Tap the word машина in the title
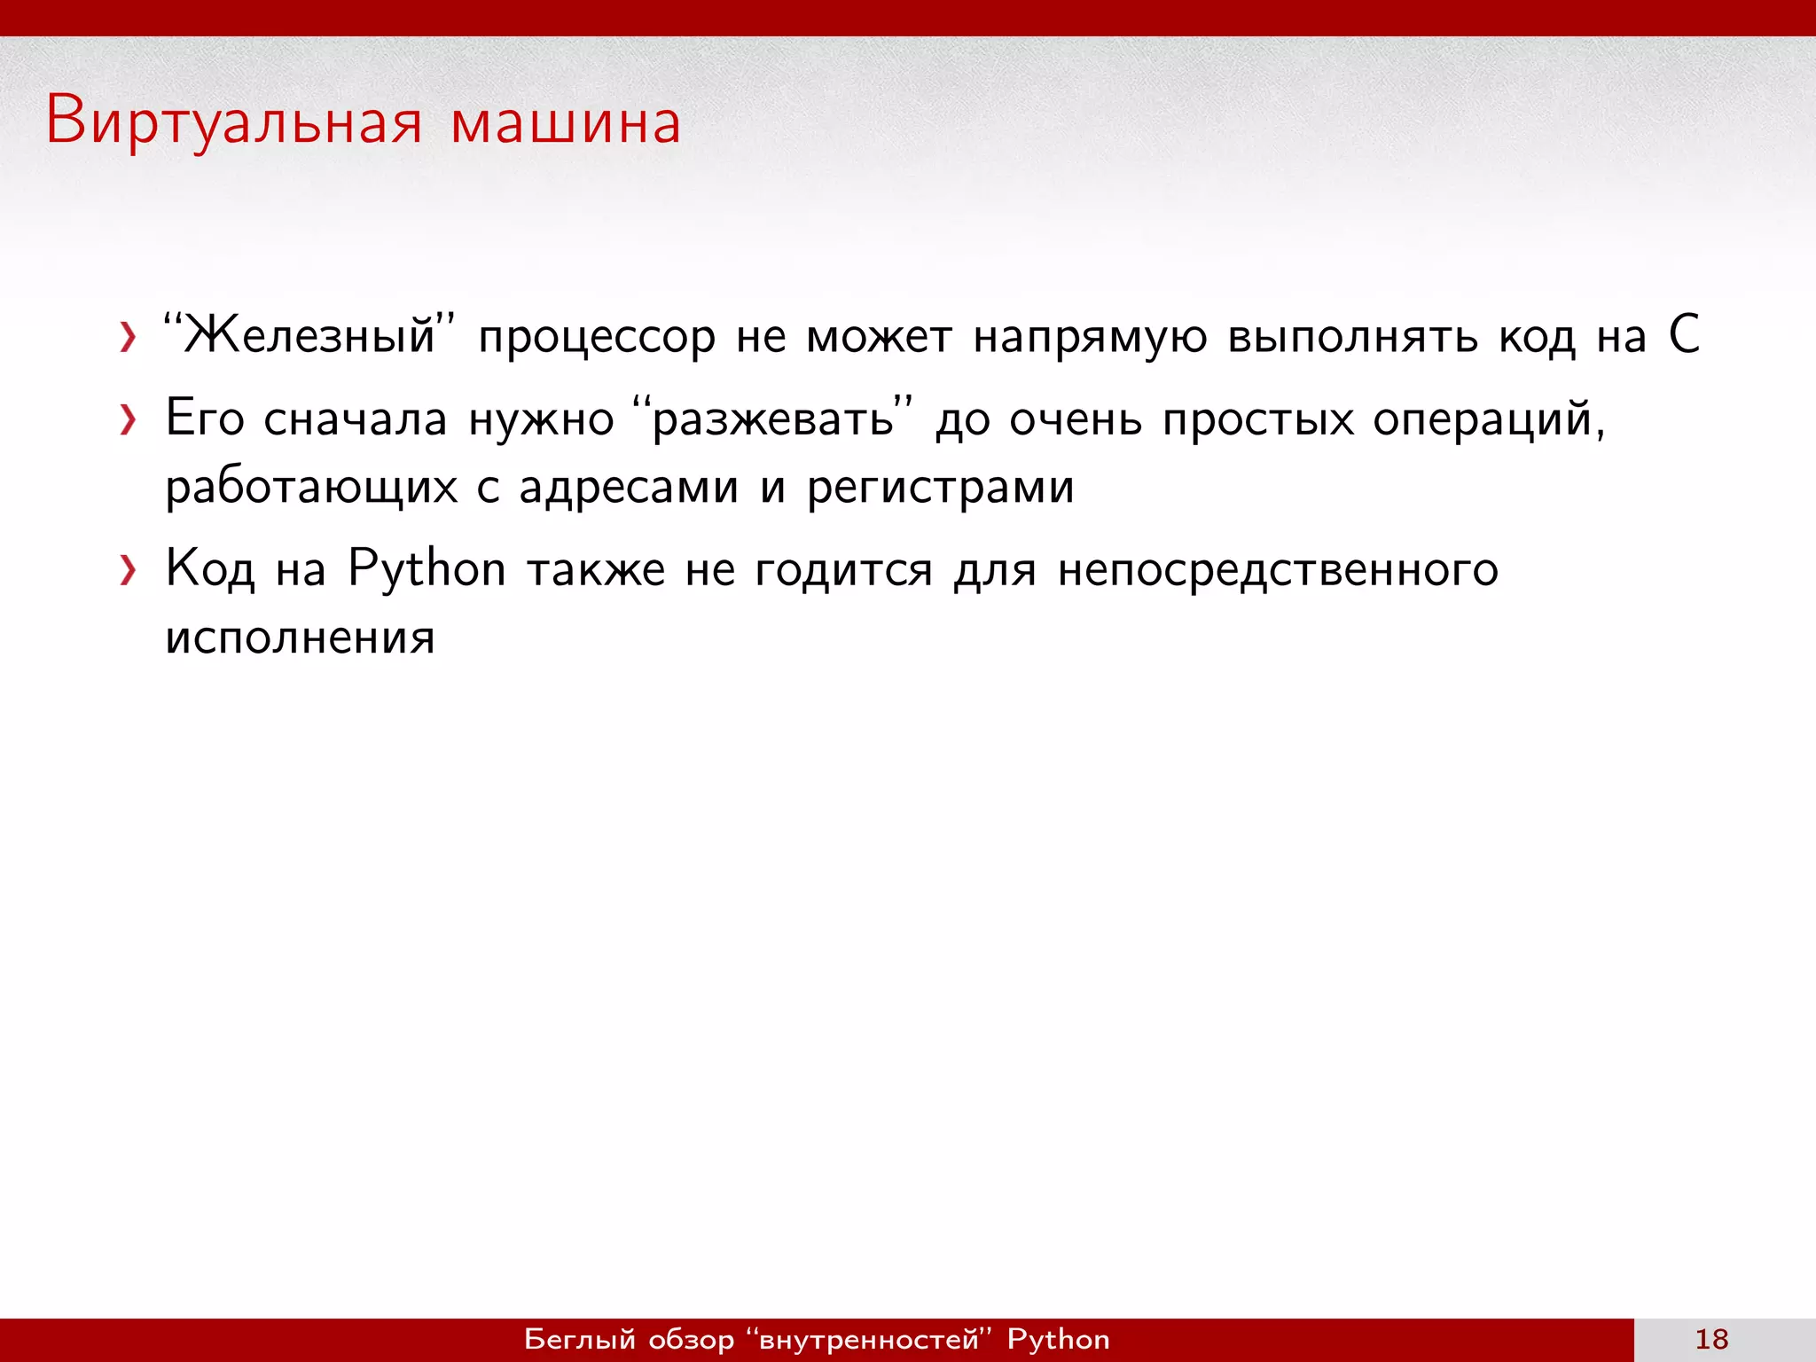[566, 122]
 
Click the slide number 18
[1711, 1339]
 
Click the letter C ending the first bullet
[1684, 335]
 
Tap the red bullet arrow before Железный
[129, 338]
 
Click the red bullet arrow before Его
[129, 419]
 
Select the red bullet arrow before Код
[129, 570]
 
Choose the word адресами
[628, 488]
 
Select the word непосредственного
[1278, 570]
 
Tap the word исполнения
[300, 638]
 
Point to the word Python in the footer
[1058, 1339]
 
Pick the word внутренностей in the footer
[869, 1339]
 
